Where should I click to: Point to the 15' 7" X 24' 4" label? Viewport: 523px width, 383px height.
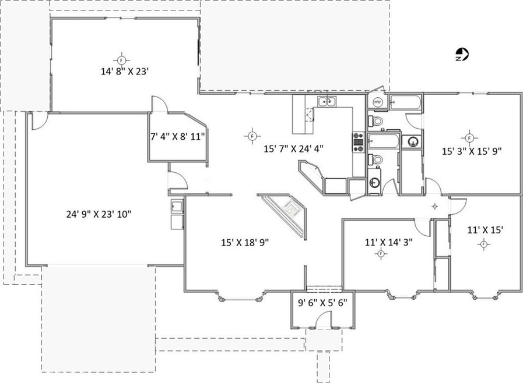(x=294, y=148)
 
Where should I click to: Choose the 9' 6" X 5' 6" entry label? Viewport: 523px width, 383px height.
(x=322, y=303)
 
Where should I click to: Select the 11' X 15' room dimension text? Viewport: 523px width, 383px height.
(x=485, y=230)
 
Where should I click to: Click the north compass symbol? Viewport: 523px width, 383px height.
(x=462, y=55)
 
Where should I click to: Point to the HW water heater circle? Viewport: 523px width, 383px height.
(x=377, y=102)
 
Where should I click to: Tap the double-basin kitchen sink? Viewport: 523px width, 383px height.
(x=328, y=103)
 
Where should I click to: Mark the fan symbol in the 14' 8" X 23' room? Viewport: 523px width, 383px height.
(x=121, y=60)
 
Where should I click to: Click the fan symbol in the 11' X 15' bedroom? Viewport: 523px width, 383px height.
(x=483, y=244)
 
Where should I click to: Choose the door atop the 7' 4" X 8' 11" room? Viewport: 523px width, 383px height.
(x=159, y=105)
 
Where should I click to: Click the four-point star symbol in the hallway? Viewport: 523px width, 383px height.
(x=434, y=205)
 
